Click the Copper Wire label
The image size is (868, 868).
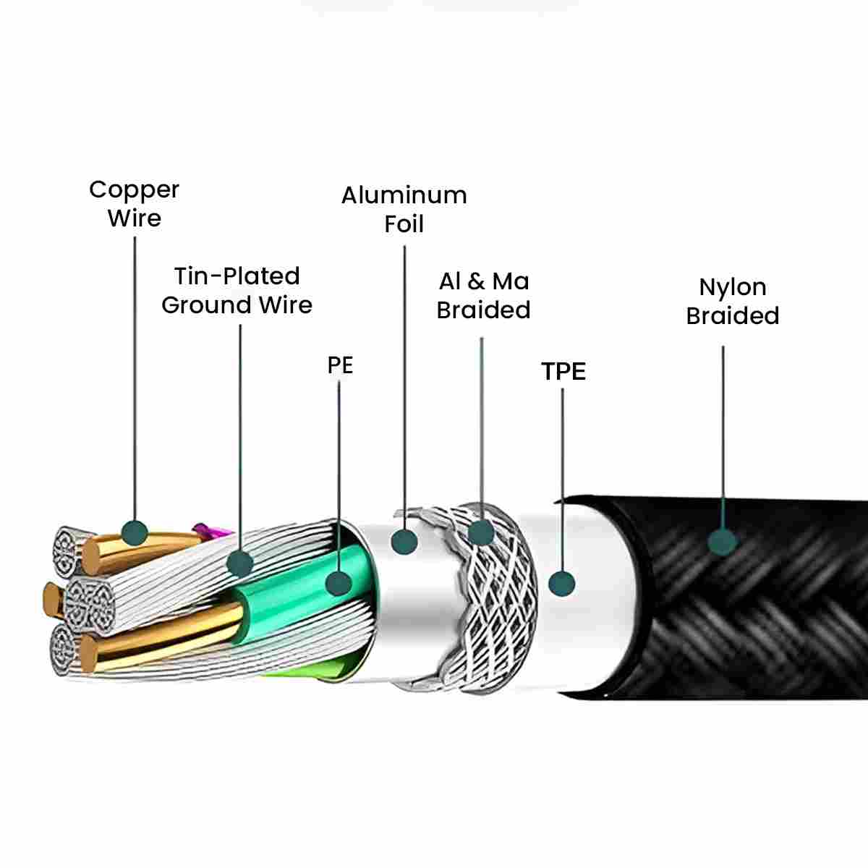[x=135, y=204]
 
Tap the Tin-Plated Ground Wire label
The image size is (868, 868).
[x=237, y=291]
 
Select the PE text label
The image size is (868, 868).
[x=340, y=365]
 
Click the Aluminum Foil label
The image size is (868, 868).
[x=404, y=210]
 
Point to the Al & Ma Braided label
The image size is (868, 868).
[x=483, y=296]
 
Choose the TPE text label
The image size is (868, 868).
[x=563, y=371]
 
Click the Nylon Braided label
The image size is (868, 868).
[x=733, y=302]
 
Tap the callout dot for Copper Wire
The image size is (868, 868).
[x=135, y=533]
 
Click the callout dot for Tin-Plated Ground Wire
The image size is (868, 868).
[x=240, y=563]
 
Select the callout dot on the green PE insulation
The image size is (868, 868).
[x=339, y=583]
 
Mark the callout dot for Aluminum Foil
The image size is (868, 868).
[x=404, y=541]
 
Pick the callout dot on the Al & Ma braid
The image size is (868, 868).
[x=481, y=532]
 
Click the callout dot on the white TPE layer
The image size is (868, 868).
[x=562, y=583]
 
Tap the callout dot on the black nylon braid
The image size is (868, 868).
[x=722, y=541]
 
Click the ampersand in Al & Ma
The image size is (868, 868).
[x=476, y=281]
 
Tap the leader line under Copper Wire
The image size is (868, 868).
[x=135, y=378]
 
